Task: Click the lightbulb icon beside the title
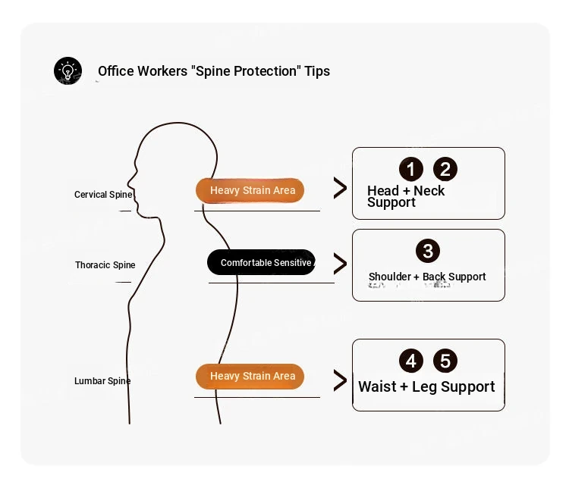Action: [68, 71]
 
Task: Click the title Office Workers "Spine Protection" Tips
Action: [214, 71]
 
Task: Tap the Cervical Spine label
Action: [103, 195]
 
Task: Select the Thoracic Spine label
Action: [105, 265]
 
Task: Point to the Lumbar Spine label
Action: [102, 381]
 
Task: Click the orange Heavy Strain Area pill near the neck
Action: [250, 190]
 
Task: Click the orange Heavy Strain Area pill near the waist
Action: [250, 377]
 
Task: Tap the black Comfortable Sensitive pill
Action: [262, 263]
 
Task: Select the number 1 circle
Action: [411, 169]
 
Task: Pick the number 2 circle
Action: [445, 169]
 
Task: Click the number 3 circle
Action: [428, 252]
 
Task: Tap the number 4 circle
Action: [411, 361]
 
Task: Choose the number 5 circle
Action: [445, 361]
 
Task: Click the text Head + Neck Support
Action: [405, 196]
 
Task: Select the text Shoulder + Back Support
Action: [427, 277]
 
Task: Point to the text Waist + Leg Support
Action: [426, 386]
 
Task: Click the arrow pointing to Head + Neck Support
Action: [340, 189]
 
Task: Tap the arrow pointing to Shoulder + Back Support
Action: [340, 263]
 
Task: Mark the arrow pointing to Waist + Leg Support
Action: [340, 380]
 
